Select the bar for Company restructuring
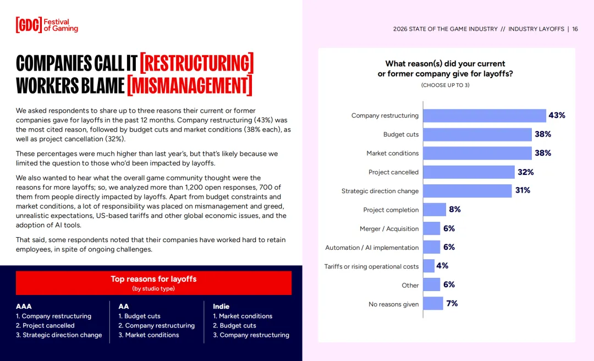coord(484,116)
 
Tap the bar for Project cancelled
coord(469,172)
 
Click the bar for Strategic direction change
coord(468,191)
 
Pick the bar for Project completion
coord(435,210)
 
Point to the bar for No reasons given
coord(433,304)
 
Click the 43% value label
coord(557,116)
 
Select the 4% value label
coord(442,266)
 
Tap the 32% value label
coord(525,172)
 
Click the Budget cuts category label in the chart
coord(401,135)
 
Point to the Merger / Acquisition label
coord(389,229)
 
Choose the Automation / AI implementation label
coord(372,248)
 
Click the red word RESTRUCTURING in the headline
coord(196,64)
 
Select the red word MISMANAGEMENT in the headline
coord(189,86)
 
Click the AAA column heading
coord(24,307)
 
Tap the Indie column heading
coord(221,307)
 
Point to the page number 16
coord(575,29)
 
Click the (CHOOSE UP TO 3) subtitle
coord(445,85)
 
